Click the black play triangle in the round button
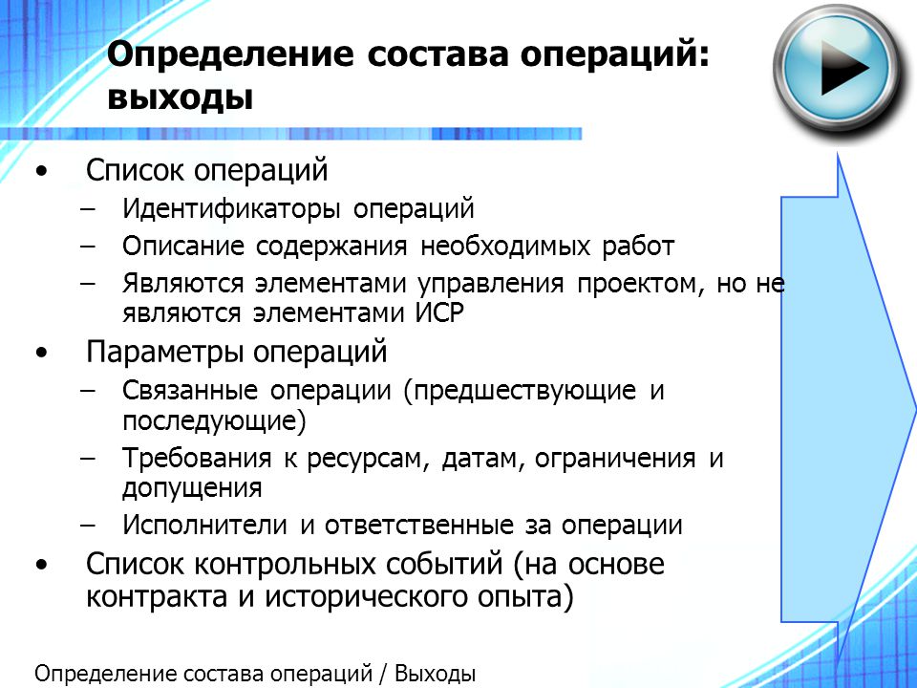842,69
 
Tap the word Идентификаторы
231,209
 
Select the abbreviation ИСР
439,313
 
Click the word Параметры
165,353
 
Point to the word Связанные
190,390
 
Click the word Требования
197,458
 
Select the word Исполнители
204,525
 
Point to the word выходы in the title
181,97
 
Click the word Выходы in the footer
435,674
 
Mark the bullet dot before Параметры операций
41,354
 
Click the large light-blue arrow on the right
848,410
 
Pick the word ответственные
418,525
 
